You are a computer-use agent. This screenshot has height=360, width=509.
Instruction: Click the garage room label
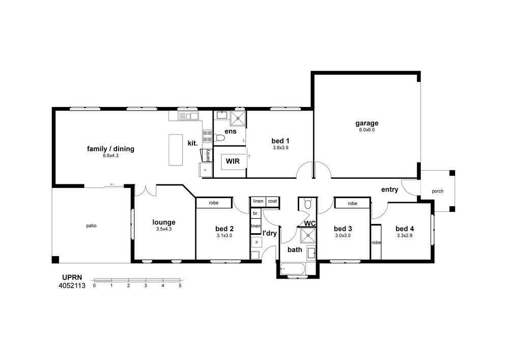pyautogui.click(x=367, y=123)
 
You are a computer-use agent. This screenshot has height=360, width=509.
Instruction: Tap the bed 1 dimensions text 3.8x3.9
pyautogui.click(x=280, y=147)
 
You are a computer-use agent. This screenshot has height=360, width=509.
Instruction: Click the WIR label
pyautogui.click(x=233, y=161)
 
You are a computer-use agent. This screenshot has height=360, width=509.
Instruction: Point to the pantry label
pyautogui.click(x=208, y=155)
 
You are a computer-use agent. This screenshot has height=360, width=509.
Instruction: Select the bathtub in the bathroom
pyautogui.click(x=293, y=269)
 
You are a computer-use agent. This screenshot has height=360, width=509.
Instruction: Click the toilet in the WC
pyautogui.click(x=307, y=204)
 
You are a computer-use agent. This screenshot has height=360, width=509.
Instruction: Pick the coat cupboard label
pyautogui.click(x=273, y=201)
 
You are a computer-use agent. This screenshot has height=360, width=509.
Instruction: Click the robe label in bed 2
pyautogui.click(x=214, y=203)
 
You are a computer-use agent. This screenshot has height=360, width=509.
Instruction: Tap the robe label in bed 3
pyautogui.click(x=353, y=204)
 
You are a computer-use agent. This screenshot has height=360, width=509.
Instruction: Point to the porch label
pyautogui.click(x=438, y=191)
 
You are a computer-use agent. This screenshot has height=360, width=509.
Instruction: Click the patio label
pyautogui.click(x=91, y=226)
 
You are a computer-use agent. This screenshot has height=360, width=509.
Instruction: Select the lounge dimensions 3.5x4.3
pyautogui.click(x=164, y=229)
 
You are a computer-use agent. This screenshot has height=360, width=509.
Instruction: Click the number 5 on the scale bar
pyautogui.click(x=180, y=286)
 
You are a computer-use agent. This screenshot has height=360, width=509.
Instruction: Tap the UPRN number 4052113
pyautogui.click(x=72, y=286)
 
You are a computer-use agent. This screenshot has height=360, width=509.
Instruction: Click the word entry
pyautogui.click(x=389, y=189)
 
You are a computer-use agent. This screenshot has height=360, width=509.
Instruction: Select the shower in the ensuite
pyautogui.click(x=238, y=118)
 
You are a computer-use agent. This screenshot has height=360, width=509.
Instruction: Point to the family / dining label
pyautogui.click(x=110, y=149)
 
